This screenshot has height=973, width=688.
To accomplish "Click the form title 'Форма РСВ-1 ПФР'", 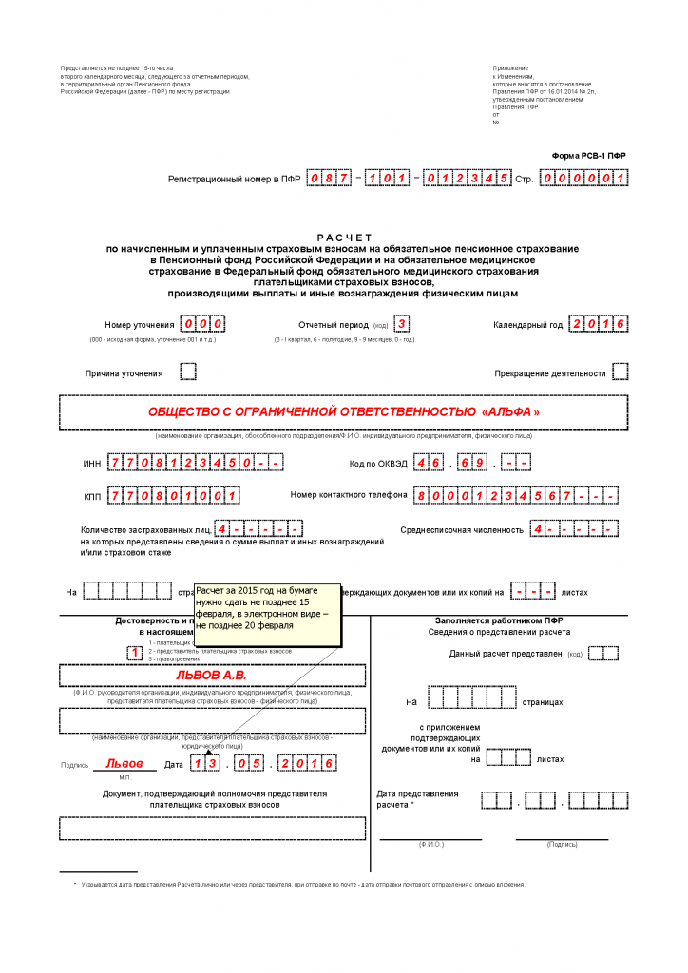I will [x=589, y=155].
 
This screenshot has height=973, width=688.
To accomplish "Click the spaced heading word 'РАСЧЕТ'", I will [x=344, y=237].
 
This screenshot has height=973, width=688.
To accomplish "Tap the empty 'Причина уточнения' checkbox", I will [x=188, y=372].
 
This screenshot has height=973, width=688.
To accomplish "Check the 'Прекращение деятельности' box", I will [x=620, y=372].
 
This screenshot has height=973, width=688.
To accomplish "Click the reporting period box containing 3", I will [x=403, y=324].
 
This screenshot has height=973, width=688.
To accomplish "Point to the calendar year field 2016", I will [x=600, y=324].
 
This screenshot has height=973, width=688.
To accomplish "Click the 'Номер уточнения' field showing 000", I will [x=202, y=324].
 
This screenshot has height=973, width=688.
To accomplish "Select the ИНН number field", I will [x=195, y=464].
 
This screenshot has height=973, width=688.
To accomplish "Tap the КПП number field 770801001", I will [x=173, y=496].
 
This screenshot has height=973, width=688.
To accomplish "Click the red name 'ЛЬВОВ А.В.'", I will [x=211, y=674].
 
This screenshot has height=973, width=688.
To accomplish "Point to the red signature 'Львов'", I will [x=124, y=763].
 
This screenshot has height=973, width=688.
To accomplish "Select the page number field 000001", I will [x=583, y=178].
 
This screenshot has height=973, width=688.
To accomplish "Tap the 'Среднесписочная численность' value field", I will [x=574, y=528].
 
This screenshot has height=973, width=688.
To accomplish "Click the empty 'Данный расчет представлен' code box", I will [x=603, y=654].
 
